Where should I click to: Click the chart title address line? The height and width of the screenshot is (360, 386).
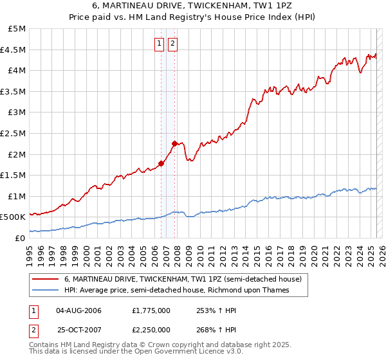(x=194, y=6)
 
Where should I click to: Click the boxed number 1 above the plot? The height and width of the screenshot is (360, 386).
(x=159, y=44)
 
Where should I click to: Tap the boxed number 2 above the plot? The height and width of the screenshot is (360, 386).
(x=173, y=44)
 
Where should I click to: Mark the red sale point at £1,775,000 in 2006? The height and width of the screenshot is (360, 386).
(x=161, y=163)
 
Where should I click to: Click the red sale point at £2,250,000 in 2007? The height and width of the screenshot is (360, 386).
(x=174, y=143)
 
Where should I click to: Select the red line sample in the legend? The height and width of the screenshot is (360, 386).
(x=45, y=279)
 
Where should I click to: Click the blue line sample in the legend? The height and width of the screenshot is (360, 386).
(x=45, y=290)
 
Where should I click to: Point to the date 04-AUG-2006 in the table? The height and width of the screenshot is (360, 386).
(x=79, y=310)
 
